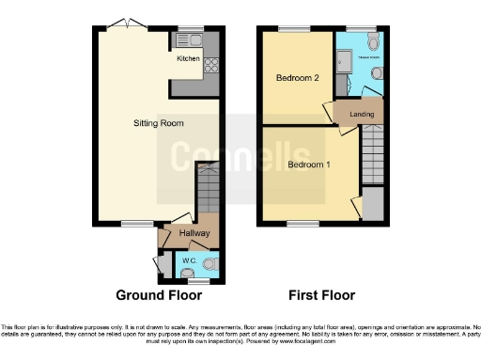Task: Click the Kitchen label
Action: (189, 58)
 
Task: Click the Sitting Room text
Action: (156, 123)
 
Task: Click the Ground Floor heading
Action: (159, 295)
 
